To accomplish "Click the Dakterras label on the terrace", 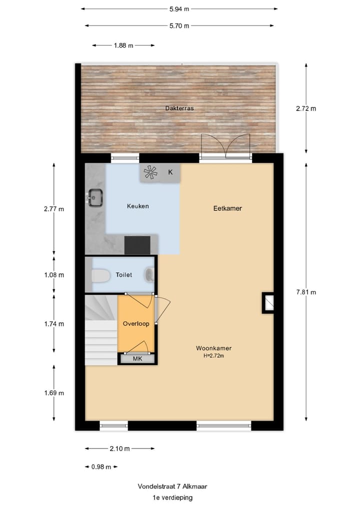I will coord(179,108).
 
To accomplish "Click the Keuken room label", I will coord(138,206).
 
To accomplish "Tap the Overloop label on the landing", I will coord(136,324).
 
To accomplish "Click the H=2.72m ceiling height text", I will coord(213,356).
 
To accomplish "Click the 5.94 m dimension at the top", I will coord(179,8).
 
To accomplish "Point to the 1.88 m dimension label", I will coord(123,45).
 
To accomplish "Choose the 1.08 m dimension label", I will coord(54,275).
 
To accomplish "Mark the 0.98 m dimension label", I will coord(100,467).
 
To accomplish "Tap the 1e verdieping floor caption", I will coord(172,498).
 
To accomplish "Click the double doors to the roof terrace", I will coord(225,146).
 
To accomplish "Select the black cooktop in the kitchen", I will coord(137,245).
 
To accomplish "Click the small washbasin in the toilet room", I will coord(149,274).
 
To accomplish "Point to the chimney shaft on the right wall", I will coord(268,303).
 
